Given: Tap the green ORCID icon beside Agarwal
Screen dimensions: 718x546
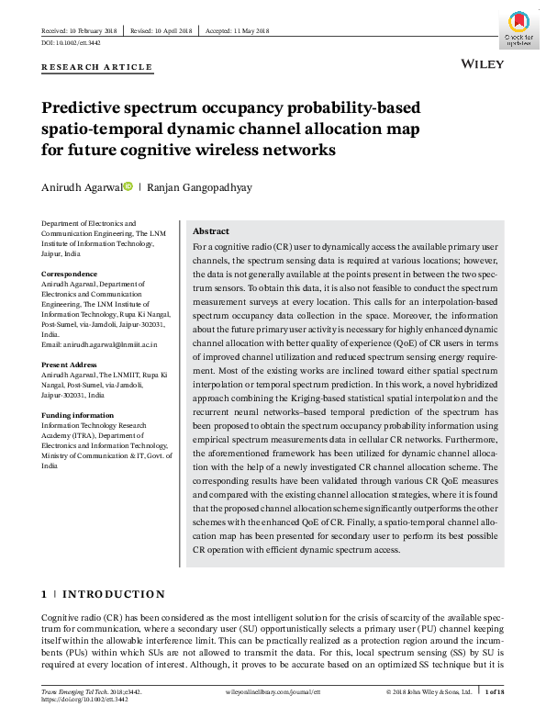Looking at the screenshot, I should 128,186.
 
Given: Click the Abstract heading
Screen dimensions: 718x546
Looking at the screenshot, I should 211,231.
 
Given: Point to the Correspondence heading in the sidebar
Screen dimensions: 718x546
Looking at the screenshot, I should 70,274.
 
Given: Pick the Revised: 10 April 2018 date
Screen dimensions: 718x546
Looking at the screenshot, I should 162,31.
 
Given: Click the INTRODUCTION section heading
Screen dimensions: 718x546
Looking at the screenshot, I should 114,594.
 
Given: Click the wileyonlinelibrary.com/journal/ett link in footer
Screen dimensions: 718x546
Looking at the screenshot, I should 273,690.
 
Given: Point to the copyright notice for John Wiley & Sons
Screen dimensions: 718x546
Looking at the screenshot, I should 429,690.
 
